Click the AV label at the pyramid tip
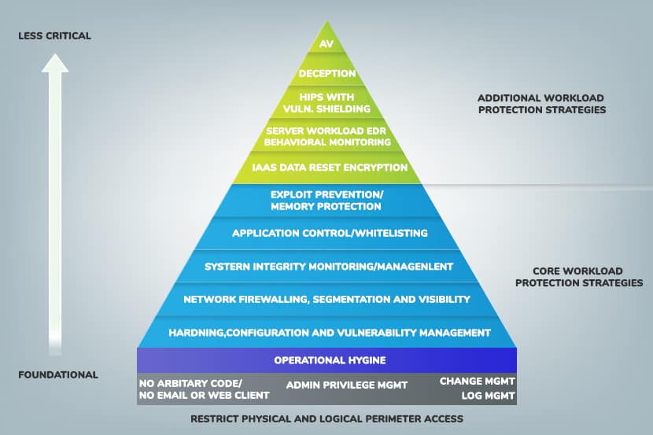(x=326, y=44)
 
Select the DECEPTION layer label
(x=327, y=74)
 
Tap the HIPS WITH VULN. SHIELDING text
(x=326, y=103)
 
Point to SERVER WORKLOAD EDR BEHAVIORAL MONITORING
(x=327, y=137)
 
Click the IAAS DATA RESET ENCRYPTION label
(x=330, y=168)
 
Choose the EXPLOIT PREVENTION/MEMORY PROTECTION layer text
(x=326, y=201)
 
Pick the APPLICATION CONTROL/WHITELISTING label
(x=330, y=233)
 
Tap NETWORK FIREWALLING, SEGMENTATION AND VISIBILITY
(x=327, y=299)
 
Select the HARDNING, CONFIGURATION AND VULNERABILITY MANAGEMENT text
(x=330, y=333)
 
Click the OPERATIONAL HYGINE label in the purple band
(x=330, y=360)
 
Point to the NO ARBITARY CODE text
(x=190, y=383)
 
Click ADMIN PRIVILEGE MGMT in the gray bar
(x=346, y=385)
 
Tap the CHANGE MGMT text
(x=478, y=382)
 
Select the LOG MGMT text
(x=488, y=396)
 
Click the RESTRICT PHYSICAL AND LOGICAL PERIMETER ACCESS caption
(x=327, y=418)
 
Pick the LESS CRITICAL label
(x=54, y=36)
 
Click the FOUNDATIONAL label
(x=58, y=374)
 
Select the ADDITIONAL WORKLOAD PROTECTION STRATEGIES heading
(x=542, y=104)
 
